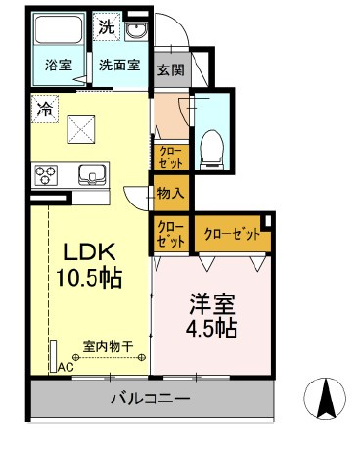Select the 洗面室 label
(118, 67)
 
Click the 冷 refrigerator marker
(45, 108)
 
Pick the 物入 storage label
(170, 193)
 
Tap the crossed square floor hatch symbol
(81, 124)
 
